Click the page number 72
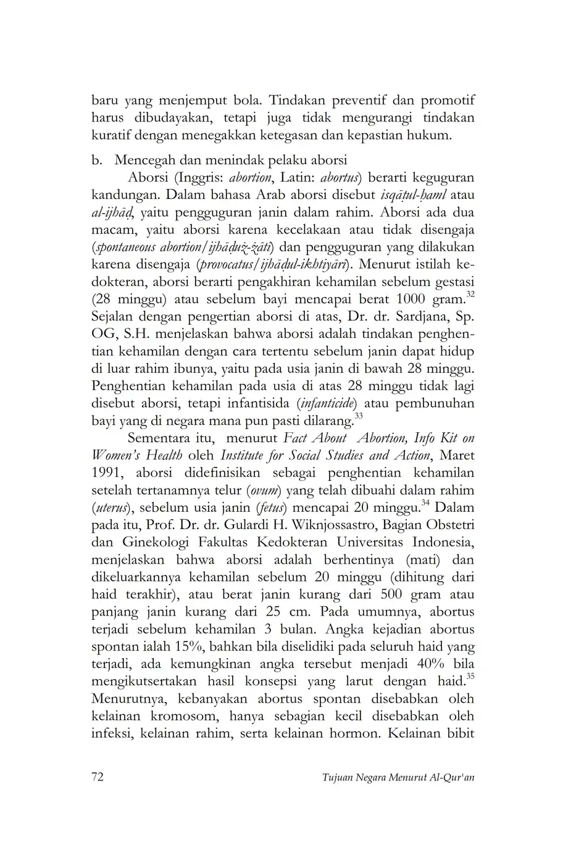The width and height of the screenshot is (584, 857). point(98,776)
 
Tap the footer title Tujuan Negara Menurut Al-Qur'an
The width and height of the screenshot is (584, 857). point(398,777)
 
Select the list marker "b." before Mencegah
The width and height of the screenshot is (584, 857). point(96,161)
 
